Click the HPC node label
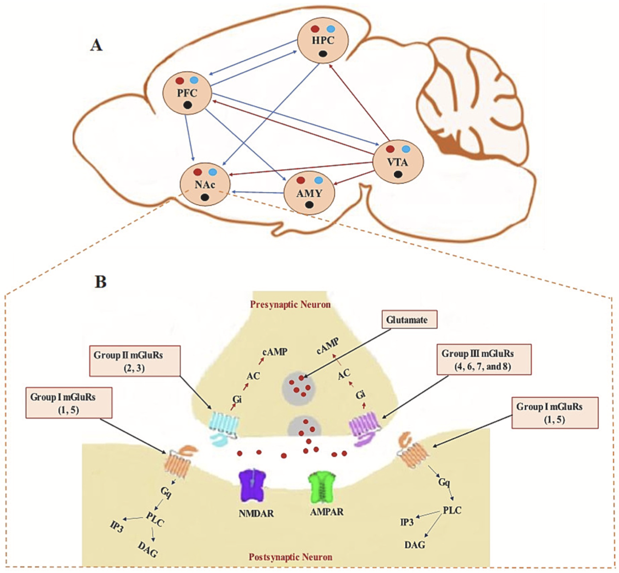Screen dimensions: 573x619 tap(323, 41)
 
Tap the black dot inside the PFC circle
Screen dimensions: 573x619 tap(188, 105)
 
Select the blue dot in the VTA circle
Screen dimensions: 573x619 tap(406, 149)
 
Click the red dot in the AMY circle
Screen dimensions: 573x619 tap(300, 180)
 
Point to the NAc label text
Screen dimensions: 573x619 tap(204, 185)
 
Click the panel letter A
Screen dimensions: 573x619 tap(96, 44)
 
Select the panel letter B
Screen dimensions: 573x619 tap(100, 282)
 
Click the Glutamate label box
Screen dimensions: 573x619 tap(407, 320)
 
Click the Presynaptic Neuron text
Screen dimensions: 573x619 tap(290, 304)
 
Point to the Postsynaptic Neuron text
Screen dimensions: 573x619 tap(290, 557)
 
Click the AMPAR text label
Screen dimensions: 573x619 tap(326, 512)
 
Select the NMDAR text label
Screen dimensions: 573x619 tap(256, 513)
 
